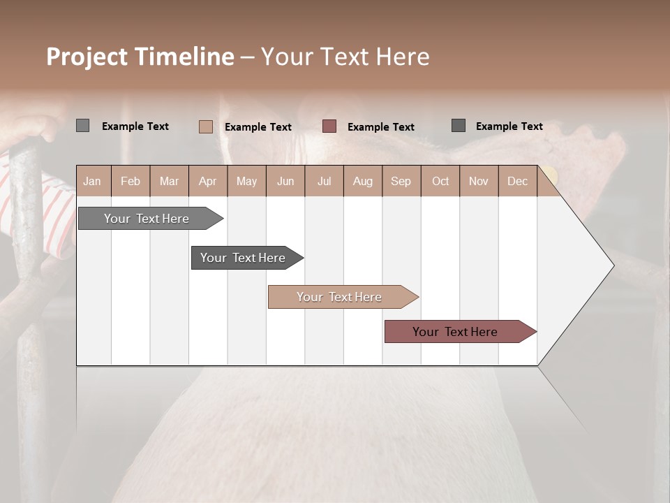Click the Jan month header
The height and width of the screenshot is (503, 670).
[93, 181]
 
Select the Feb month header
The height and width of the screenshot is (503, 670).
[131, 181]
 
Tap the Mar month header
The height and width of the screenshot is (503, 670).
[169, 181]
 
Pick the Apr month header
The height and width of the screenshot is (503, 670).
[208, 181]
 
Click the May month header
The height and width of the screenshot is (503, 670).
[246, 181]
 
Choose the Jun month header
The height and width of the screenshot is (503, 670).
[285, 181]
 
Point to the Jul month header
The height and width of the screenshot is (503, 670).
[324, 181]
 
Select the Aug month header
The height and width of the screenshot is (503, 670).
[363, 181]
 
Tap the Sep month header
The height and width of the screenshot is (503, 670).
[401, 181]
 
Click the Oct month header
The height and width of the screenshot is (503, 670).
[440, 181]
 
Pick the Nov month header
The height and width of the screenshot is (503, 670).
[479, 181]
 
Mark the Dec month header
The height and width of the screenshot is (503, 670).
[518, 181]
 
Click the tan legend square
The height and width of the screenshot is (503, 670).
[205, 126]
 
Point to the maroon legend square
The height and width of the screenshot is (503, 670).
[329, 126]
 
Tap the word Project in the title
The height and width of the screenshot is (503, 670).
[87, 57]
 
